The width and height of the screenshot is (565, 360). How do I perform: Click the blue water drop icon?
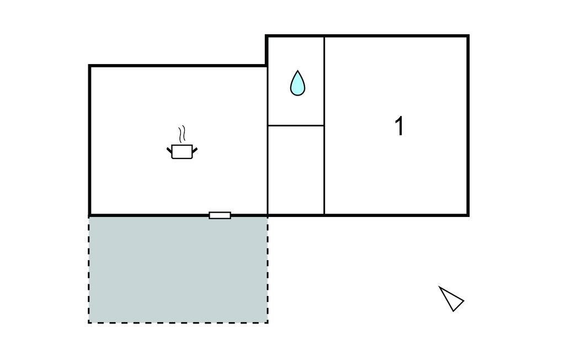(x=297, y=84)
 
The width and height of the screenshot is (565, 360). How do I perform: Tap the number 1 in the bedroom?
(x=399, y=126)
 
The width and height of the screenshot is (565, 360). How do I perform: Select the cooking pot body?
(x=182, y=151)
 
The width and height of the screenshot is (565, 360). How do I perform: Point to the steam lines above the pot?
(x=182, y=134)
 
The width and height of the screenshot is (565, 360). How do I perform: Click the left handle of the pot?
(x=169, y=150)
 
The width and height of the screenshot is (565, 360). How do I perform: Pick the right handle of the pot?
(x=195, y=150)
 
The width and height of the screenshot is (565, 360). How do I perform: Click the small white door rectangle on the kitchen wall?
(x=220, y=215)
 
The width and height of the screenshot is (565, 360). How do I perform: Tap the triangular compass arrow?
(x=451, y=299)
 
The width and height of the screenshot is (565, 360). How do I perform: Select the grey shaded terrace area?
(x=178, y=269)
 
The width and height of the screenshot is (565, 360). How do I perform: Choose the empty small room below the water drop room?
(x=296, y=170)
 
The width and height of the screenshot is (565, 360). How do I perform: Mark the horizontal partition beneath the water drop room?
(x=296, y=125)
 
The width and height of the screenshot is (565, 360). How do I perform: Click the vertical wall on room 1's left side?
(x=324, y=125)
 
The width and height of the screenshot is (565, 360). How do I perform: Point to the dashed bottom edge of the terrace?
(x=178, y=322)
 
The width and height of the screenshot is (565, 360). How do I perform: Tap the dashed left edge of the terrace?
(x=89, y=269)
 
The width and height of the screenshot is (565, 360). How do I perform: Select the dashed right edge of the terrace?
(x=268, y=269)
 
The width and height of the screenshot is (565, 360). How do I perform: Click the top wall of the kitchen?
(x=178, y=66)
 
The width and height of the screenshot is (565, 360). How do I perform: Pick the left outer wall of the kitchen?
(x=89, y=140)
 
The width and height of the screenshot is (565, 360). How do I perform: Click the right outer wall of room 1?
(x=468, y=125)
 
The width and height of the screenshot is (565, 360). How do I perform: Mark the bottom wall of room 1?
(x=396, y=215)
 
